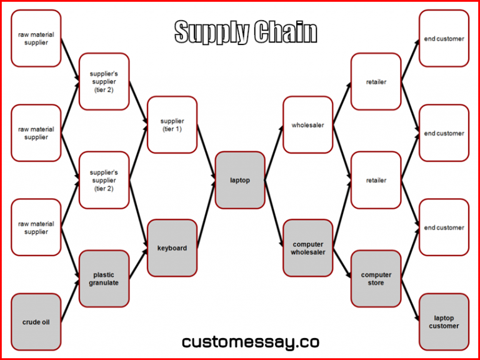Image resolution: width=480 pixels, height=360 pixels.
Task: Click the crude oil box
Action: click(x=36, y=322)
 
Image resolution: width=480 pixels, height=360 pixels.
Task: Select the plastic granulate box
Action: click(x=104, y=279)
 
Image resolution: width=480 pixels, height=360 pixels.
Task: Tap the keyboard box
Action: click(x=172, y=248)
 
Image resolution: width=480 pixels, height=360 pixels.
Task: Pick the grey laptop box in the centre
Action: click(x=240, y=180)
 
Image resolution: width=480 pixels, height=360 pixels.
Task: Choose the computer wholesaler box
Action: click(x=308, y=248)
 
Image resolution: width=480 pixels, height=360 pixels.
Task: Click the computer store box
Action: click(x=376, y=279)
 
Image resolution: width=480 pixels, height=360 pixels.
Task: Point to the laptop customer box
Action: click(x=444, y=322)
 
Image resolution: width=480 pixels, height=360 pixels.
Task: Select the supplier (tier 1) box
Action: click(x=172, y=125)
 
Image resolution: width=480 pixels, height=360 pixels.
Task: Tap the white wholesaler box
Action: click(x=308, y=125)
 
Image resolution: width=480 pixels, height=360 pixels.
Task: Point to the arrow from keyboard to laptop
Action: click(x=206, y=214)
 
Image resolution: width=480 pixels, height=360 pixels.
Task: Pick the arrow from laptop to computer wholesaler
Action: click(x=274, y=214)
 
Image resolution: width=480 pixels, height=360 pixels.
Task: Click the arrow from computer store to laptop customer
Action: click(x=410, y=300)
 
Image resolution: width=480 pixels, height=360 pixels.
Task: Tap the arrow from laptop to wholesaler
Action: click(x=274, y=152)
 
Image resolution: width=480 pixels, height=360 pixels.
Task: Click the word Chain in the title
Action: click(x=286, y=32)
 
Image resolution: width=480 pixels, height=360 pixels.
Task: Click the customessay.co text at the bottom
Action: click(x=251, y=342)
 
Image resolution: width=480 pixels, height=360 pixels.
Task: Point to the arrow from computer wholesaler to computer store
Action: click(x=342, y=263)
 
